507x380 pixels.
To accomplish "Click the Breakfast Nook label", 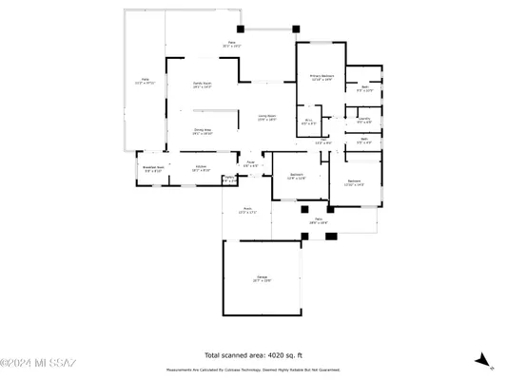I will click(153, 169).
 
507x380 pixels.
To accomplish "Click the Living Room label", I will click(265, 116).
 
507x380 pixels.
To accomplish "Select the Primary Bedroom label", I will click(321, 77).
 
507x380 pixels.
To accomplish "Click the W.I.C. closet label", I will click(309, 122).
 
